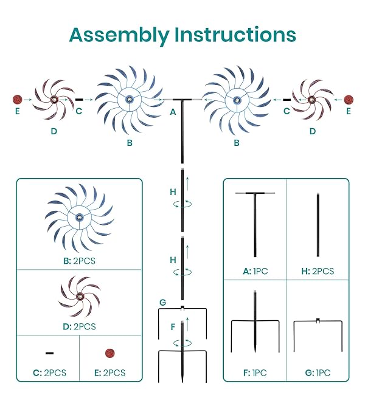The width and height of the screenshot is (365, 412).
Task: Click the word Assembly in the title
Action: (119, 36)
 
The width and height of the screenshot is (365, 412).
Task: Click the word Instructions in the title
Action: (235, 35)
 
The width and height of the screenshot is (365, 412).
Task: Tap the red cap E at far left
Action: (18, 100)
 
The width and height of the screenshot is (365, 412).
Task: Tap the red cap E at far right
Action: (349, 100)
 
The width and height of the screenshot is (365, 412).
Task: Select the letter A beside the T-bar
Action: (173, 112)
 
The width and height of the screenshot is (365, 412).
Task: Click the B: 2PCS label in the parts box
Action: (79, 261)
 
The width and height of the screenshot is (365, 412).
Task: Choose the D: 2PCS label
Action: (79, 326)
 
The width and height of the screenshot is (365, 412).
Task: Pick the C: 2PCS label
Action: (49, 373)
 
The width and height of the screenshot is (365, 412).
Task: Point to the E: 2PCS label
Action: (109, 373)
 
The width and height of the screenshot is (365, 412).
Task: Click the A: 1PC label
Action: (255, 271)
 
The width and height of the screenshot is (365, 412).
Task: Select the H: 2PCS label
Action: (318, 271)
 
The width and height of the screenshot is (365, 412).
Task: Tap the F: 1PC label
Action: (255, 373)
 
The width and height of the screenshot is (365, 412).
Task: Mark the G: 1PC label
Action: (318, 373)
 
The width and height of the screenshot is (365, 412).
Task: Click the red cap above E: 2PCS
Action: (109, 353)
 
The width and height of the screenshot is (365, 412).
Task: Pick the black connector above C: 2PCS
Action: (49, 353)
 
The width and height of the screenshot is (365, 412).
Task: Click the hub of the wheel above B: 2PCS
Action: (80, 217)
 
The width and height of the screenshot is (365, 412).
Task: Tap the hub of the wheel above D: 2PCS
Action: (80, 296)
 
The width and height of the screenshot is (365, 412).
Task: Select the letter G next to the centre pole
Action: (163, 303)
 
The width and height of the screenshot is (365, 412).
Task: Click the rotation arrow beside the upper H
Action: (182, 204)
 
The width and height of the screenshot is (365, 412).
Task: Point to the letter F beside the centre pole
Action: (173, 327)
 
